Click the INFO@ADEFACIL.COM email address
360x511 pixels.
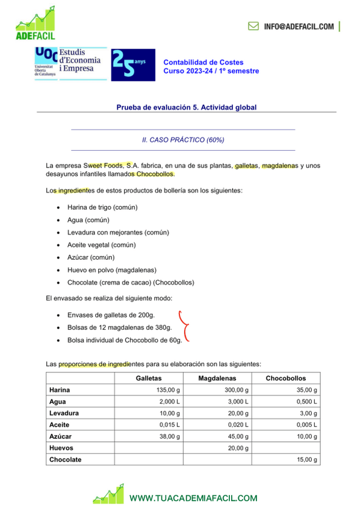tap(298, 27)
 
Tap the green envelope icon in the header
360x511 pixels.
tap(253, 27)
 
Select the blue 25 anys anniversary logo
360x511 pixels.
tap(133, 64)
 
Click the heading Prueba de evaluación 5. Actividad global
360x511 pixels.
tap(186, 107)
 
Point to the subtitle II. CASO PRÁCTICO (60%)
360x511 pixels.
tap(183, 140)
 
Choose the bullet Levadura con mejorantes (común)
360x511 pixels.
tap(118, 232)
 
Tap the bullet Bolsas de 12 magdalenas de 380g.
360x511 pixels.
tap(119, 327)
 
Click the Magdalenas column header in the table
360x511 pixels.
tap(217, 378)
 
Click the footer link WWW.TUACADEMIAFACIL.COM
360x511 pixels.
tap(193, 498)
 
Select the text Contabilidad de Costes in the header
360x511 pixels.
tap(197, 62)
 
